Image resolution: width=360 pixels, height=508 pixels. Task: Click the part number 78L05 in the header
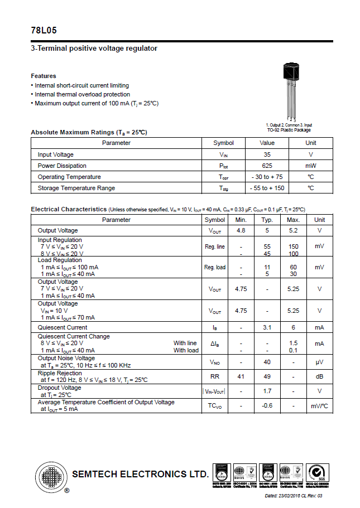point(44,31)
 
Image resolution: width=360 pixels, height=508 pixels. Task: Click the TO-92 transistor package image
point(290,89)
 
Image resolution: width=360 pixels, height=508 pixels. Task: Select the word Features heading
point(44,76)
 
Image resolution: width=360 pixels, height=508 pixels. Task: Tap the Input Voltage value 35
point(267,154)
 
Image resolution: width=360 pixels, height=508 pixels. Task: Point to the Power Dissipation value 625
point(267,166)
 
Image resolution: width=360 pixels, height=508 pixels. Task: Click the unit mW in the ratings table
point(310,166)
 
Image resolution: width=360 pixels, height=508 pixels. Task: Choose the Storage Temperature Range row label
point(76,188)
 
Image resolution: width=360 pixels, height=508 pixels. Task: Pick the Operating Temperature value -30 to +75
point(267,177)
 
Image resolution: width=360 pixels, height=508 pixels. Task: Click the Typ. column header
point(267,220)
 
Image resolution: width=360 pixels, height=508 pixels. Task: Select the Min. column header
point(241,220)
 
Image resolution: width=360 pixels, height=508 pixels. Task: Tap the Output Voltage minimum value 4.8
point(241,230)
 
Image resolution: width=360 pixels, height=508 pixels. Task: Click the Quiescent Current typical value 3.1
point(267,327)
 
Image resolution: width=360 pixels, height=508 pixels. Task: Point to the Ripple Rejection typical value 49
point(267,376)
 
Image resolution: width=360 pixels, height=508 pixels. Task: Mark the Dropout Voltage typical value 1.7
point(267,391)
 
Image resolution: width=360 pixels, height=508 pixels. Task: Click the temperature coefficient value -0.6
point(267,405)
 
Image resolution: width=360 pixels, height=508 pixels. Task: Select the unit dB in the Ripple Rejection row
point(319,376)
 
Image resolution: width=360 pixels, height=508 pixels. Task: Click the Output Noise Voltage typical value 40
point(267,362)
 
